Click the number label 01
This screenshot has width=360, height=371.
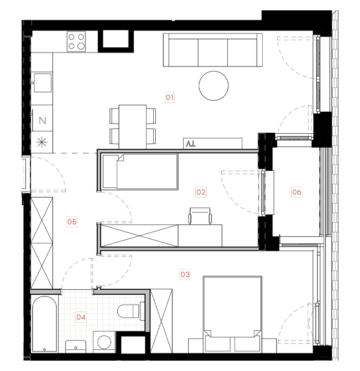170,97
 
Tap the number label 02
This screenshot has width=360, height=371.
201,192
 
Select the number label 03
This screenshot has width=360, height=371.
185,275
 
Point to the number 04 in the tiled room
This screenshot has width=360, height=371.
81,317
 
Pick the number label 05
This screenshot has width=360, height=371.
71,222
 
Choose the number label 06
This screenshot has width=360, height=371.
297,192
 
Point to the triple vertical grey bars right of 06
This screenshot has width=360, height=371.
326,190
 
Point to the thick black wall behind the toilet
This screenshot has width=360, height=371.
142,311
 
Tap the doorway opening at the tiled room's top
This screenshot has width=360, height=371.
77,291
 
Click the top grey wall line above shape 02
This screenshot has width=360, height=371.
177,151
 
